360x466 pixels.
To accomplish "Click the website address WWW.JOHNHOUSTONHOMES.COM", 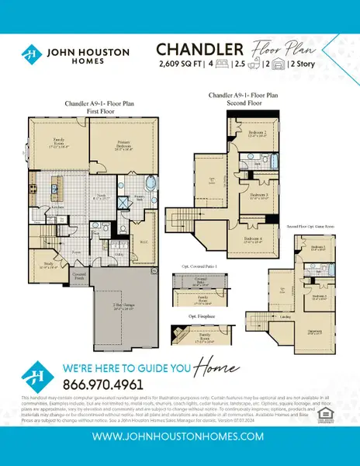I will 180,437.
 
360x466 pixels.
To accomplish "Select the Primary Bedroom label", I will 122,144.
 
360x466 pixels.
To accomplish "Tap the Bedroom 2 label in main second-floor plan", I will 259,134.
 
